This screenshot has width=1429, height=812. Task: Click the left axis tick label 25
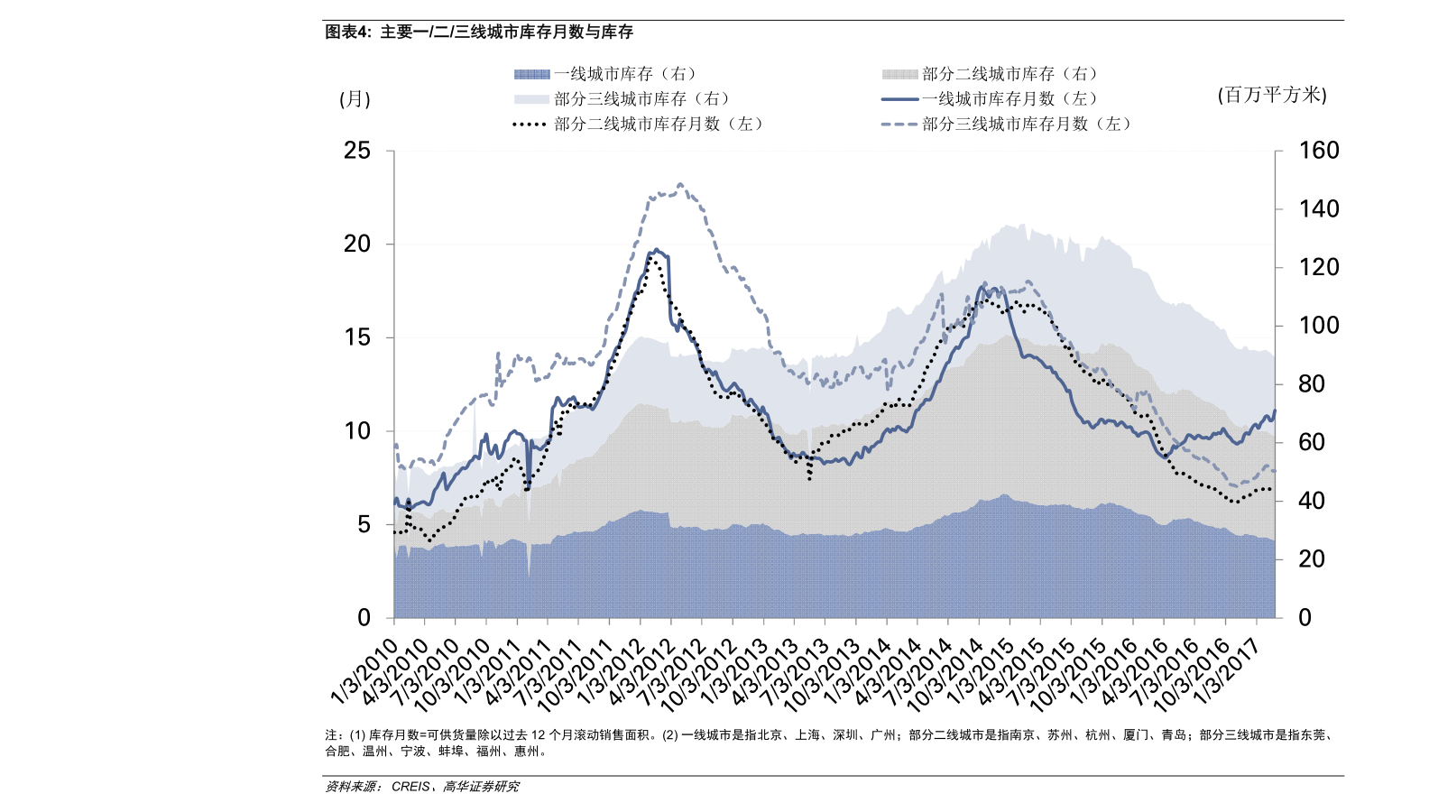coord(357,151)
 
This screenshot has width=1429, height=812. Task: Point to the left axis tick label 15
coord(357,337)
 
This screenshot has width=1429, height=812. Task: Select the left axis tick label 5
coord(364,524)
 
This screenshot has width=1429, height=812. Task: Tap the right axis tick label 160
coord(1319,151)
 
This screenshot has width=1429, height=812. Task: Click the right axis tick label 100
coord(1319,326)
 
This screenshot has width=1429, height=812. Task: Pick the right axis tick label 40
coord(1312,501)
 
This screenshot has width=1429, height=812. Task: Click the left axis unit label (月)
coord(355,99)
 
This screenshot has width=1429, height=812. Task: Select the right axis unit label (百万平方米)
coord(1272,95)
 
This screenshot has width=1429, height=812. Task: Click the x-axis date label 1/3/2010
coord(365,672)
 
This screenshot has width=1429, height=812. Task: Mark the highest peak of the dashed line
coord(679,184)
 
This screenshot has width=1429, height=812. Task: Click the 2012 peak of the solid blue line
coord(657,250)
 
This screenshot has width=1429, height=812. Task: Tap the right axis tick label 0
coord(1305,618)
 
